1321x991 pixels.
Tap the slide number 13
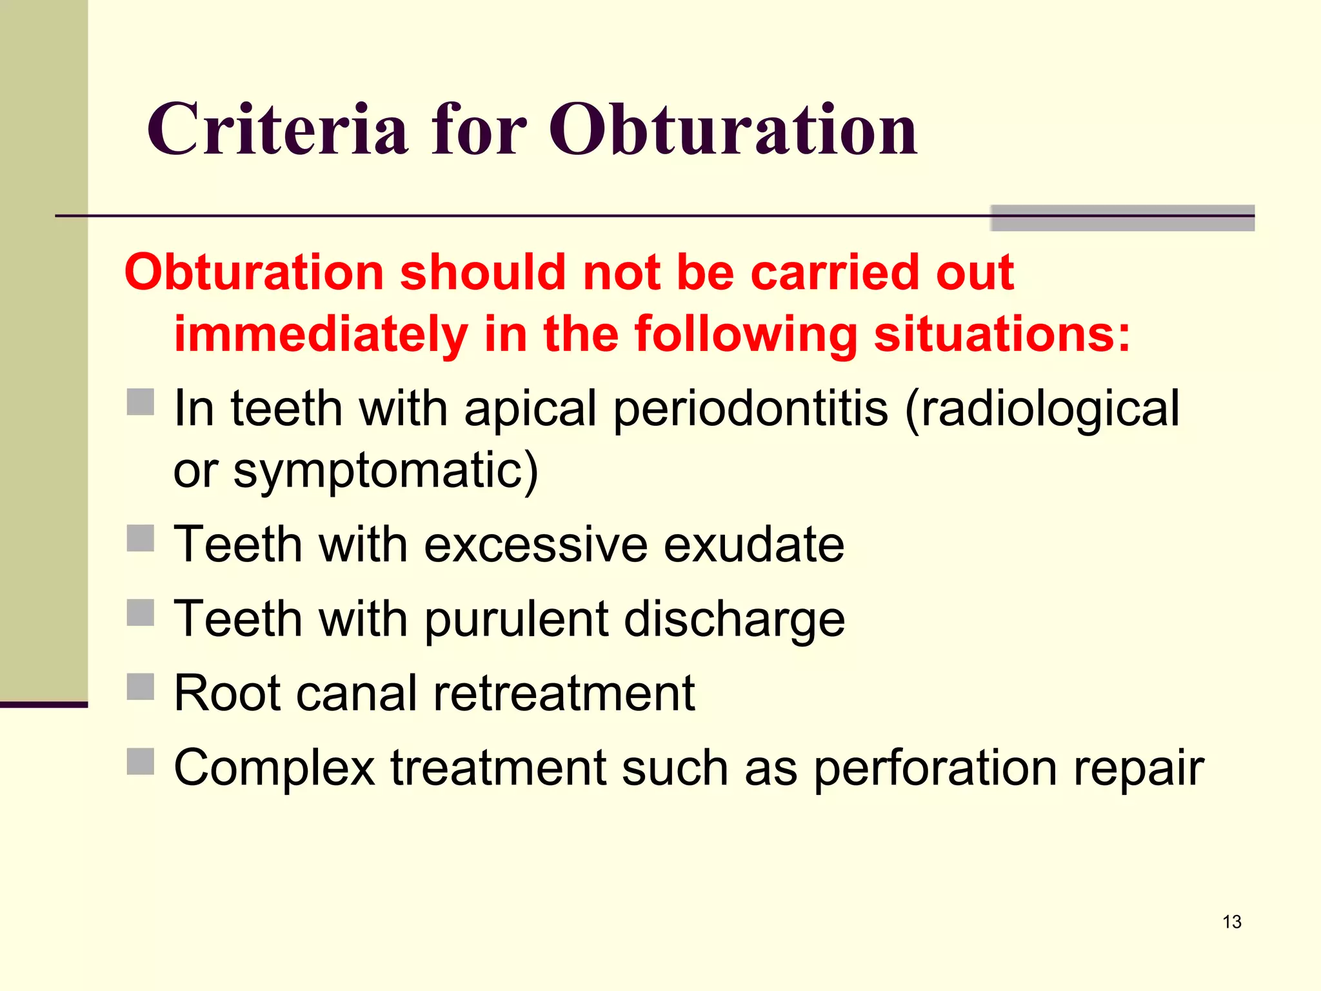click(1231, 922)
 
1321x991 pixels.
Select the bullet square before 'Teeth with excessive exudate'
click(140, 538)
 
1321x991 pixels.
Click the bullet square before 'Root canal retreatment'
click(140, 686)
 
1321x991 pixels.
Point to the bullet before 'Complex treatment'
click(140, 761)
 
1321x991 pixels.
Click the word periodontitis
click(750, 409)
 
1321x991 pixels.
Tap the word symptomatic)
click(385, 471)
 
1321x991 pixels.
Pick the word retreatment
click(564, 694)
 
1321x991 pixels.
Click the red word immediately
click(321, 334)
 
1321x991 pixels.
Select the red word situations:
click(1002, 334)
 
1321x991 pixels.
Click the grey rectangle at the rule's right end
click(1122, 218)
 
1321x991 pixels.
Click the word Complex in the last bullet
click(274, 769)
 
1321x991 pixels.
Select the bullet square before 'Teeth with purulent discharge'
click(140, 613)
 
